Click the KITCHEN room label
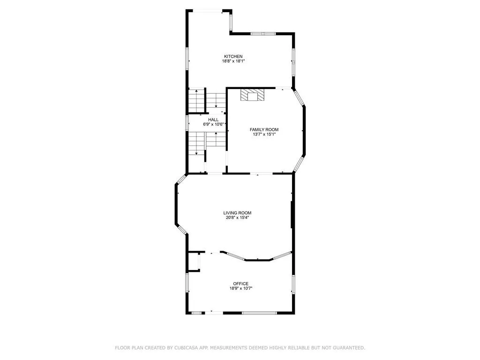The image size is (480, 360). pos(233,56)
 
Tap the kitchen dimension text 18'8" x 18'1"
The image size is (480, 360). pos(233,61)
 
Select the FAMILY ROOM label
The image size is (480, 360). pos(264,129)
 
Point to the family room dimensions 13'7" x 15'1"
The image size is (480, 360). pos(264,134)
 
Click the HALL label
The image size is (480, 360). pos(213,120)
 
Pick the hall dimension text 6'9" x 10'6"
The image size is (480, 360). pos(213,125)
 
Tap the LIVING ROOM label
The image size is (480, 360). pos(238,213)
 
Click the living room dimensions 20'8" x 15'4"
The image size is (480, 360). pos(238,217)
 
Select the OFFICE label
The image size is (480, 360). pos(241,284)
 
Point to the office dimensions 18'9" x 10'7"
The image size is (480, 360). pos(241,288)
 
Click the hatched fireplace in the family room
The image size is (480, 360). pos(252,95)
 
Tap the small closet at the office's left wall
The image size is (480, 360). pos(193,262)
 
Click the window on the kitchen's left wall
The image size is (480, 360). pos(187,59)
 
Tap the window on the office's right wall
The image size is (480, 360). pos(294,284)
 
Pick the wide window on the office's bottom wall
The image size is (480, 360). pos(259,313)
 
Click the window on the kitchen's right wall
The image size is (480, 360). pos(294,61)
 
